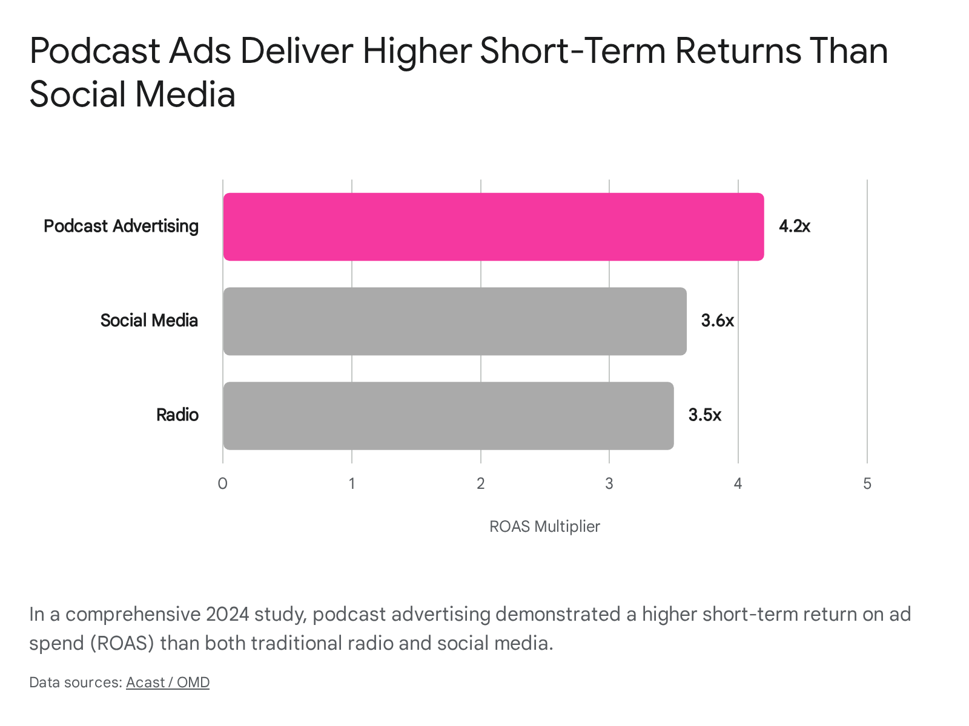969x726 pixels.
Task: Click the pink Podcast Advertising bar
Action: tap(493, 226)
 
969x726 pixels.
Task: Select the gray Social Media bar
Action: tap(455, 321)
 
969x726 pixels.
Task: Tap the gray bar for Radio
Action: tap(448, 416)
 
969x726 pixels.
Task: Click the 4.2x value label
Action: tap(794, 226)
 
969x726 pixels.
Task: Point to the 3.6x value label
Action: tap(718, 321)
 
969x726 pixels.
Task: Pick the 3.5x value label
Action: tap(704, 415)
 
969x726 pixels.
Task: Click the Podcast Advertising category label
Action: tap(121, 226)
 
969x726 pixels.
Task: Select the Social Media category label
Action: tap(149, 321)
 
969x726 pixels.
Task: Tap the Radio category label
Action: tap(177, 415)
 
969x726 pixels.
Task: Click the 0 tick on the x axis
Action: tap(222, 483)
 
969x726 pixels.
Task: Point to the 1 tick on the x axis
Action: tap(352, 483)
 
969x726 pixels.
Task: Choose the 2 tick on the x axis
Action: tap(480, 483)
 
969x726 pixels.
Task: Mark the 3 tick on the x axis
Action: tap(609, 483)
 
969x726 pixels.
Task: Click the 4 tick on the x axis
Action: tap(738, 483)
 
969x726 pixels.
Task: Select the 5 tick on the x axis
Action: tap(867, 483)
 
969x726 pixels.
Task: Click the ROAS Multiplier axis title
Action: tap(544, 526)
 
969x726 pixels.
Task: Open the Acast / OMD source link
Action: tap(168, 682)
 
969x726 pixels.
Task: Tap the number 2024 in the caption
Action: tap(227, 614)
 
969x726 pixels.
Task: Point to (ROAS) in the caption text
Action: tap(122, 643)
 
